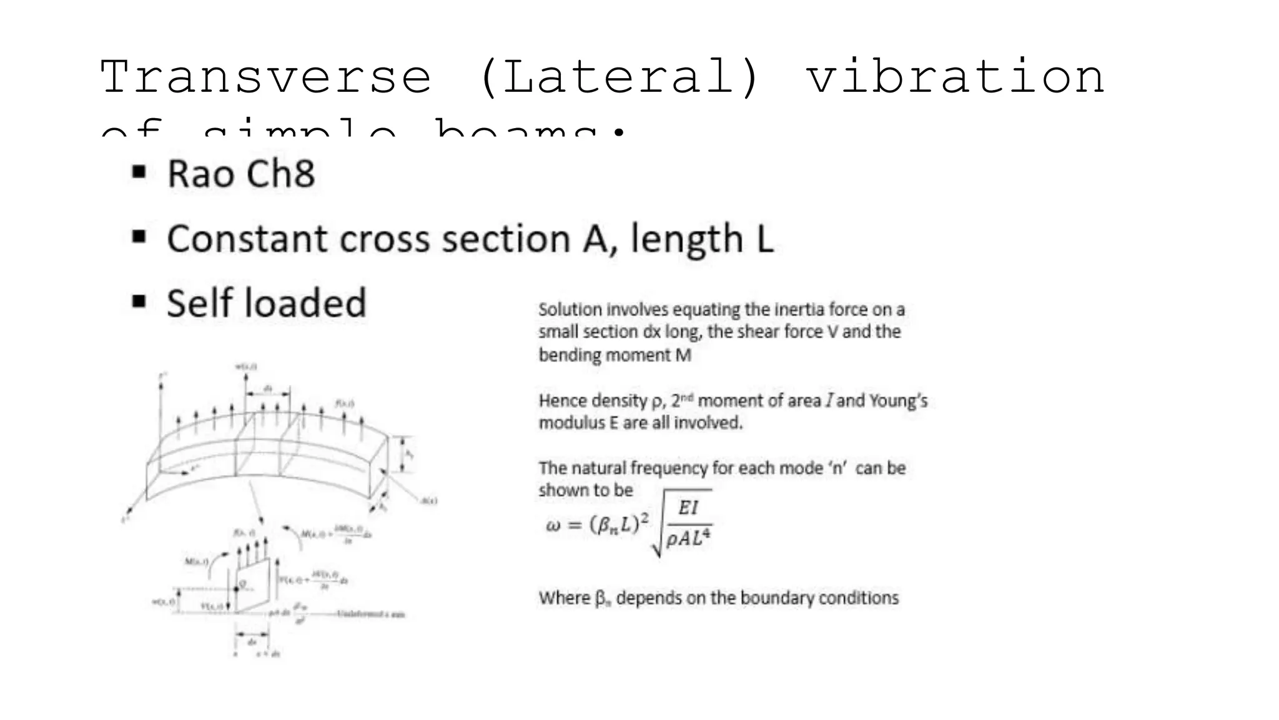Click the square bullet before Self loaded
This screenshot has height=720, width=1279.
click(x=139, y=302)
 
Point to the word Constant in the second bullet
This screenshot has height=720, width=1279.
click(x=247, y=239)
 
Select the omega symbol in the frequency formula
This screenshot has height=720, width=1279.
click(x=553, y=525)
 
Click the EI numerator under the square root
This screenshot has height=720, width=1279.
click(x=688, y=507)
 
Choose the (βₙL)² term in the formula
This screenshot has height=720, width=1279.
click(x=619, y=524)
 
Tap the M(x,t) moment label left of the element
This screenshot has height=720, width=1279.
click(x=196, y=561)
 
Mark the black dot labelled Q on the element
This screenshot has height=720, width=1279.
click(x=236, y=589)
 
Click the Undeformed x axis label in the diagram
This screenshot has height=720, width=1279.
click(x=371, y=614)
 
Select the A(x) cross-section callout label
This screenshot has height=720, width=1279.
click(x=429, y=501)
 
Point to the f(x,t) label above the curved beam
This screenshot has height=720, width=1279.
click(x=345, y=404)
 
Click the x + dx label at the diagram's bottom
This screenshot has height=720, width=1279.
click(x=269, y=654)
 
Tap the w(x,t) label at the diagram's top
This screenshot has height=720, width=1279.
click(x=245, y=367)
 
